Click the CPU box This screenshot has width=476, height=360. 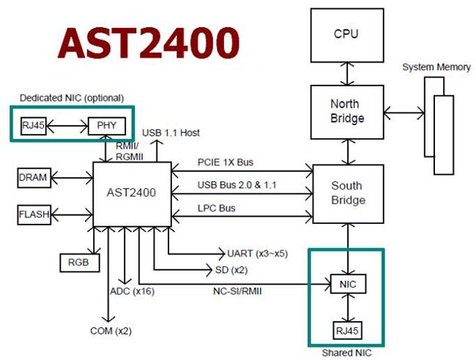point(346,35)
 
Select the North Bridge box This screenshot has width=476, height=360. point(346,110)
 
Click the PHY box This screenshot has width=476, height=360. point(107,125)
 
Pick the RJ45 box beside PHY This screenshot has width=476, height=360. point(33,125)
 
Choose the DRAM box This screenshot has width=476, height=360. point(32,177)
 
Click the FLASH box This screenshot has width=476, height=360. point(34,214)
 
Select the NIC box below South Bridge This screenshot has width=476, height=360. point(347,282)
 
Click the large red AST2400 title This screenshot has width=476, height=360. point(149,45)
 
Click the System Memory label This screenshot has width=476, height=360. point(436,67)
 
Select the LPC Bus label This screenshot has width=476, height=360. point(216,209)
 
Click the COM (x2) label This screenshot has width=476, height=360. point(110,331)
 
